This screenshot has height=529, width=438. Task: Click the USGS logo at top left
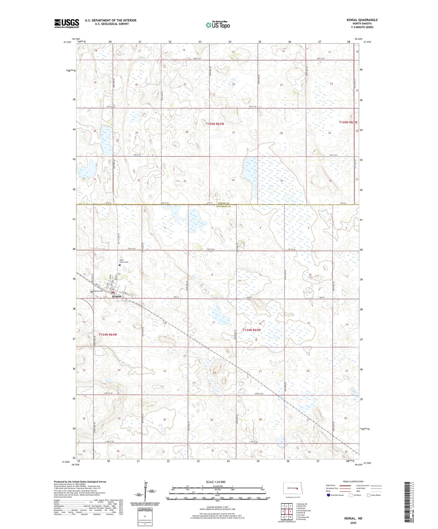tap(67, 23)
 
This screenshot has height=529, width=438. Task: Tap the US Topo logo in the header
tap(218, 25)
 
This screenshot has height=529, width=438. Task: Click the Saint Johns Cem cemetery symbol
tap(120, 265)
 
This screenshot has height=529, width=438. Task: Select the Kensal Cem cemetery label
tap(99, 291)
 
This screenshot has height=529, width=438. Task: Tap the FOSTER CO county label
tap(224, 203)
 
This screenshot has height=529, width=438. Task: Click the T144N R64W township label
tap(108, 334)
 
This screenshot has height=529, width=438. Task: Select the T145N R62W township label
tap(348, 122)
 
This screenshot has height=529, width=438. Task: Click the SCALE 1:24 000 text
tap(216, 482)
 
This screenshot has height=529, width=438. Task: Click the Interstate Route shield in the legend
tap(329, 495)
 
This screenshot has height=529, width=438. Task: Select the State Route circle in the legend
tap(369, 495)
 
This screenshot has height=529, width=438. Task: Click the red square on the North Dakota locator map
tap(297, 488)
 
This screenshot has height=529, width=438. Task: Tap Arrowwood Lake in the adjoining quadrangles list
tap(304, 511)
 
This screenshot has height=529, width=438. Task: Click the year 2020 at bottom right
tap(353, 523)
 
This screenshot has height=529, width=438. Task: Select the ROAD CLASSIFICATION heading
tap(353, 481)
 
